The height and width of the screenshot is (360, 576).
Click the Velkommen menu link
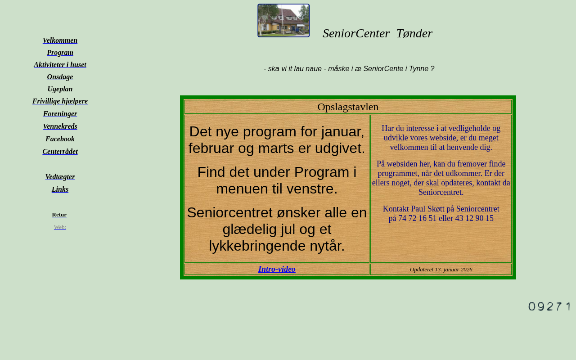[x=60, y=40]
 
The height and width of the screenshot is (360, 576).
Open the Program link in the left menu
[x=60, y=53]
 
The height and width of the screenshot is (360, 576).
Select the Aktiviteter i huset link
[x=60, y=65]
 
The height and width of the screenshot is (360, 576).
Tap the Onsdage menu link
[x=60, y=77]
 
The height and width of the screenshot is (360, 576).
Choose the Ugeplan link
[x=60, y=89]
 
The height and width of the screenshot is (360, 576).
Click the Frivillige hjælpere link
[x=60, y=101]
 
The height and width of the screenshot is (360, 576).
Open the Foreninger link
[x=60, y=114]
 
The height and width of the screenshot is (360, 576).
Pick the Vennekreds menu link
[x=60, y=126]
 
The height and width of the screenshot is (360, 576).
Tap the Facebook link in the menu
[x=60, y=139]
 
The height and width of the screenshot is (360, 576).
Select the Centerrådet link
[x=60, y=152]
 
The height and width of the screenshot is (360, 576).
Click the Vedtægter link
[x=60, y=177]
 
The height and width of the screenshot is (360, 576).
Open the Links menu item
[x=60, y=189]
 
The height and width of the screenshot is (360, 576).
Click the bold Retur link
[x=59, y=215]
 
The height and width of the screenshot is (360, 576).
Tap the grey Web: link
[x=60, y=227]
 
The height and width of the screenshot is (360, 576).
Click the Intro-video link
[x=277, y=269]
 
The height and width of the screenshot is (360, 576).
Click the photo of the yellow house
[x=283, y=21]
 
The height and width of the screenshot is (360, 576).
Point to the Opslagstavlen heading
[x=348, y=107]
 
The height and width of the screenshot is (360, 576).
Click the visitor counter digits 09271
[x=549, y=306]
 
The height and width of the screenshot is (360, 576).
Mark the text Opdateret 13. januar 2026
[x=441, y=270]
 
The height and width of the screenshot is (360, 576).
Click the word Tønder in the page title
[x=414, y=33]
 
